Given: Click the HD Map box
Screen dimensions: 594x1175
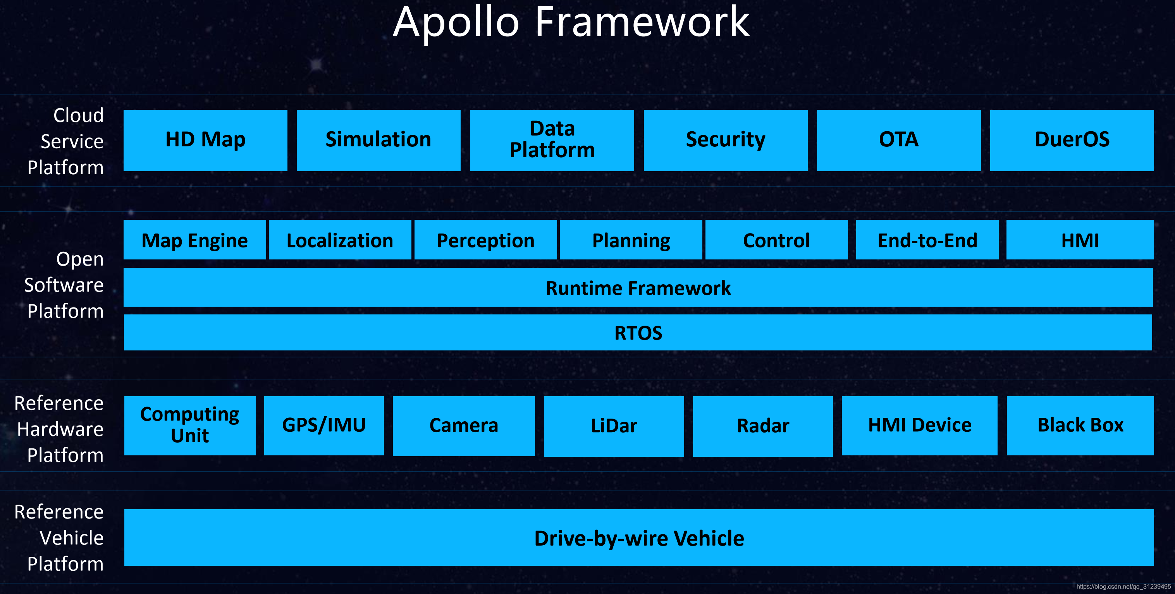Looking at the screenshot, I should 205,140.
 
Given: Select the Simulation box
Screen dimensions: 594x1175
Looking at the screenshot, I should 378,140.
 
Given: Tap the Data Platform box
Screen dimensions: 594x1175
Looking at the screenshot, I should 552,140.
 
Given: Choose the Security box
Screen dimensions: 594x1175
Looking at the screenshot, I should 725,140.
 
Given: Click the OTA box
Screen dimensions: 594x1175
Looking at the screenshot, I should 898,140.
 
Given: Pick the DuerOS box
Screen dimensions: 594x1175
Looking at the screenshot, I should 1072,140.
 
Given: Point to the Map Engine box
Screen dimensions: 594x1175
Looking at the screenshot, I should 195,240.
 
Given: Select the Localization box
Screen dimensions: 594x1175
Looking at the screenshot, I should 340,240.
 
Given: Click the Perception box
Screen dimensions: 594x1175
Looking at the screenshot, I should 485,240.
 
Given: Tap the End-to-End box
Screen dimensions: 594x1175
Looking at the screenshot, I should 927,240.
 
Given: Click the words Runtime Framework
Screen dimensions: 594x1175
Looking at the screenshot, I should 638,288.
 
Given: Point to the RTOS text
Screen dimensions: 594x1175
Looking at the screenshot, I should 638,333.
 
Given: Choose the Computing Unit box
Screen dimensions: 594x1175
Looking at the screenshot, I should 190,425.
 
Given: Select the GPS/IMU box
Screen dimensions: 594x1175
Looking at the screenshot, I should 324,425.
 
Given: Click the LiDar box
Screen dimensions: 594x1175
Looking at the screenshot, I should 614,426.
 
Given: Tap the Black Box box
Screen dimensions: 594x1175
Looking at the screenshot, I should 1080,425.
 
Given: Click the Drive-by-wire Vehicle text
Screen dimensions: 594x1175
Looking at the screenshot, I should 639,538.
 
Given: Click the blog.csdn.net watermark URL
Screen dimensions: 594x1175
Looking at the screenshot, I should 1123,587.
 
